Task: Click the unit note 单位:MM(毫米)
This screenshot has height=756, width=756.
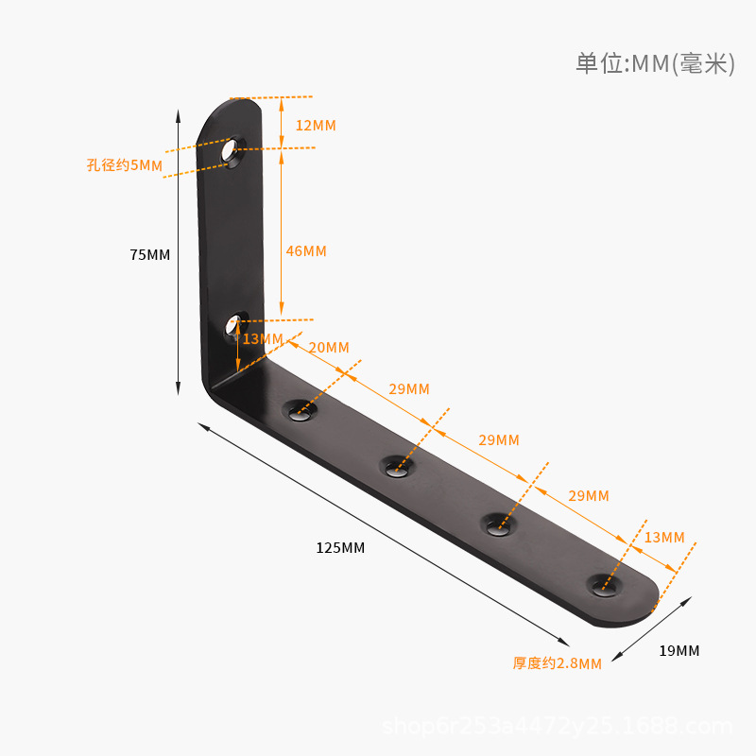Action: click(655, 63)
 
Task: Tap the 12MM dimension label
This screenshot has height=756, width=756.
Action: click(316, 126)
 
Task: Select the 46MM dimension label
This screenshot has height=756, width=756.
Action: click(306, 251)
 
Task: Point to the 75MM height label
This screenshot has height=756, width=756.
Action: click(150, 255)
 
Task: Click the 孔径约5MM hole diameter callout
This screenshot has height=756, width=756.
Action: click(125, 165)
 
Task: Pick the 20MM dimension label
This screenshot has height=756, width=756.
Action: click(329, 348)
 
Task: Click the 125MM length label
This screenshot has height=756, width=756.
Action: click(340, 548)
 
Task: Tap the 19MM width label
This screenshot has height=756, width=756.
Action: click(679, 651)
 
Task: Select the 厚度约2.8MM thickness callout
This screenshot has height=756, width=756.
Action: click(558, 663)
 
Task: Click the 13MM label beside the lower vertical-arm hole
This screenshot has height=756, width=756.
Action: click(263, 339)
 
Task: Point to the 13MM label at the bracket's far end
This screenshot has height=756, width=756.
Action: click(663, 538)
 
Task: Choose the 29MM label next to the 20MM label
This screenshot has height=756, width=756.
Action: click(409, 389)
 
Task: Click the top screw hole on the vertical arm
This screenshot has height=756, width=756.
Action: click(230, 149)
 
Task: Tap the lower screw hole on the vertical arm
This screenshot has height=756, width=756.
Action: click(232, 327)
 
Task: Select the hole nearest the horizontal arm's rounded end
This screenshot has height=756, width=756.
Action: click(605, 584)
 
